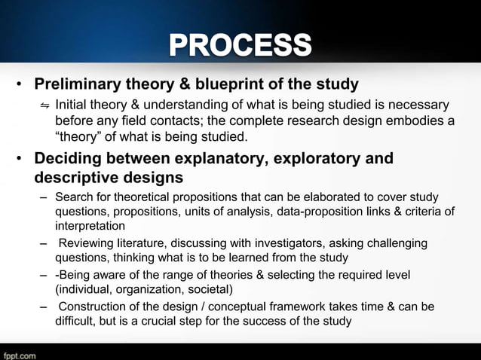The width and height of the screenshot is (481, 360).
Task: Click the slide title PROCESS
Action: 240,45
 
